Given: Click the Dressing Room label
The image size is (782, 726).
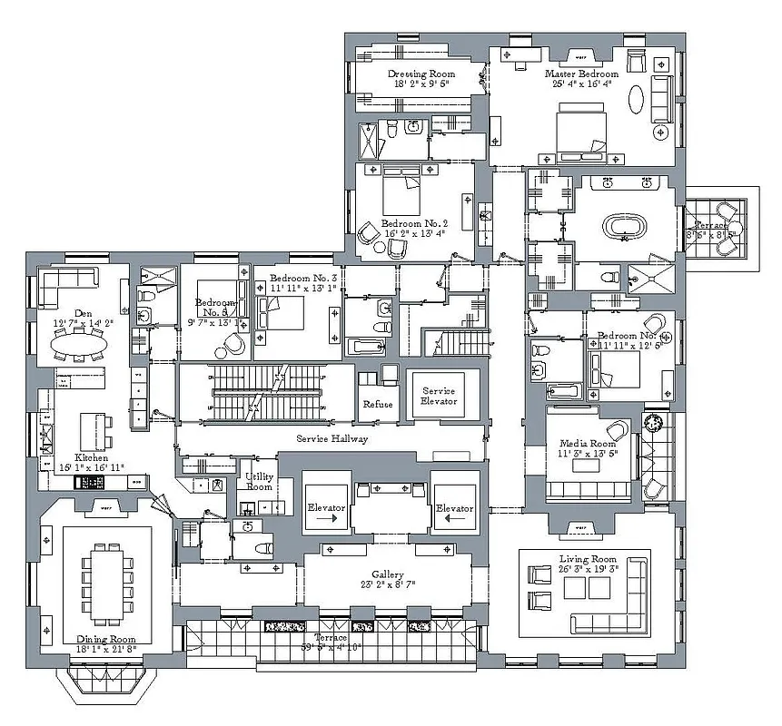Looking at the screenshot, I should (421, 74).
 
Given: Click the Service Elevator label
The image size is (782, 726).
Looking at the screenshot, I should (439, 396).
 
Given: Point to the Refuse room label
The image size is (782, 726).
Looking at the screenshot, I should (377, 404).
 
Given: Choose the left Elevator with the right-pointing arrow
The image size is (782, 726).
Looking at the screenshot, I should (324, 508).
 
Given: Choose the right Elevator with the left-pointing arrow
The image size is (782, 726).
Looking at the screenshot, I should (453, 508).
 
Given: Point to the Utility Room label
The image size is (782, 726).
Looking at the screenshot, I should (259, 482).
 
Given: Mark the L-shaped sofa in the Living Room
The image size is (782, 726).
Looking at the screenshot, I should (618, 608).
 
